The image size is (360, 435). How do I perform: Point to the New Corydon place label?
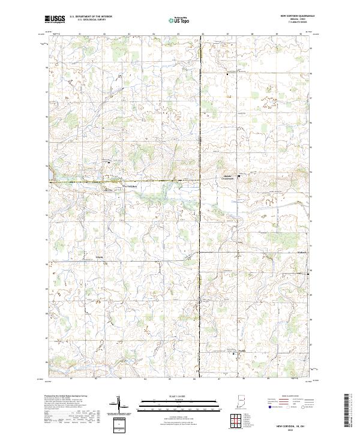coord(130,186)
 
